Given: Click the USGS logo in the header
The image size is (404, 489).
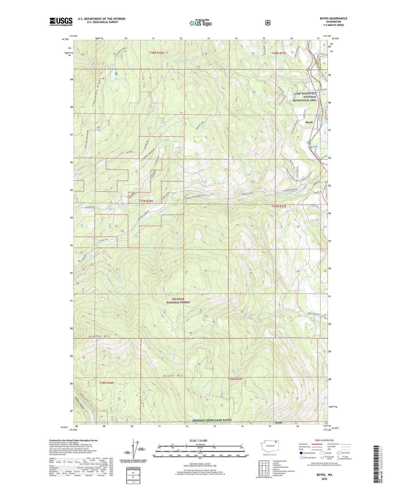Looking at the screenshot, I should click(61, 22).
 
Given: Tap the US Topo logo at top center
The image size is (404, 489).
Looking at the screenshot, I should click(200, 23).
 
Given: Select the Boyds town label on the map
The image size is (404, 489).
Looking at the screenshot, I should click(309, 122).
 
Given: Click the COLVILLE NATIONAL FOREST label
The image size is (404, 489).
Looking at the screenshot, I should click(178, 300).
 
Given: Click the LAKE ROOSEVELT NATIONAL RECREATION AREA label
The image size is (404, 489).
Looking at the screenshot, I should click(305, 97).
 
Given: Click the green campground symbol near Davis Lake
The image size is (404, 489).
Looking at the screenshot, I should click(116, 73).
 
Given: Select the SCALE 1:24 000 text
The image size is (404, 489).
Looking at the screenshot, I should click(200, 441).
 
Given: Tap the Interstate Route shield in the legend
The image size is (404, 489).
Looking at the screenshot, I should click(301, 453).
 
